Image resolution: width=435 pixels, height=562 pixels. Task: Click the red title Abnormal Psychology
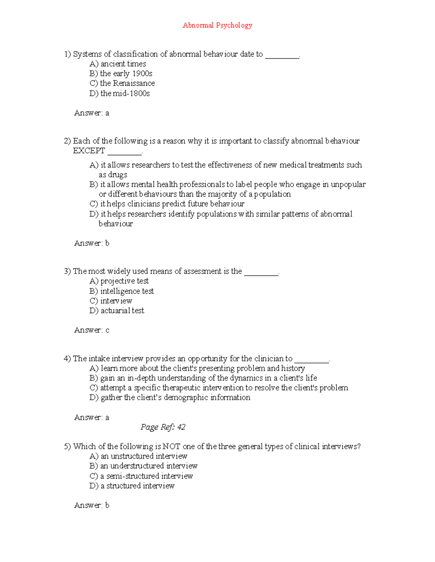tap(217, 25)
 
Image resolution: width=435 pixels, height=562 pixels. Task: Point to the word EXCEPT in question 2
tap(89, 151)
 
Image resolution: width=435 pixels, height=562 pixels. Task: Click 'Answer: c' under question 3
tap(91, 330)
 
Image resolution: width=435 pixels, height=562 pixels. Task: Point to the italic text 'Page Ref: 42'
tap(163, 427)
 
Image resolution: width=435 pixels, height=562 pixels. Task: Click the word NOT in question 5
tap(171, 447)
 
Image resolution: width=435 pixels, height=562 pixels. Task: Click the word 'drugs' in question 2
tap(118, 175)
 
